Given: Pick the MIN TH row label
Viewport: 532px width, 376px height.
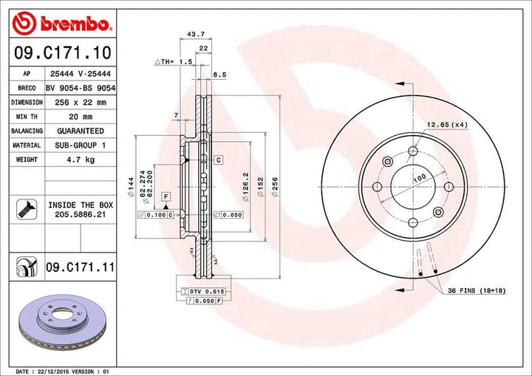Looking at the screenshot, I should (x=26, y=117).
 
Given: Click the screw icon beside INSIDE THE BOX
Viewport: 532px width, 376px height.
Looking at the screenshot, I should (x=26, y=209).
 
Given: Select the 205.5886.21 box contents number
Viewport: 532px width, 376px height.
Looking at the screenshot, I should (x=81, y=214).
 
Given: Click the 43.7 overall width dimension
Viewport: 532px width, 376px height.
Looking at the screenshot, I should (x=196, y=34).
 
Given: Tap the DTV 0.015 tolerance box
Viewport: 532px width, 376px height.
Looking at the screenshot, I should (x=207, y=293).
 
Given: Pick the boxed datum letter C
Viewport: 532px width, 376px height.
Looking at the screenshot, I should (x=219, y=160).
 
